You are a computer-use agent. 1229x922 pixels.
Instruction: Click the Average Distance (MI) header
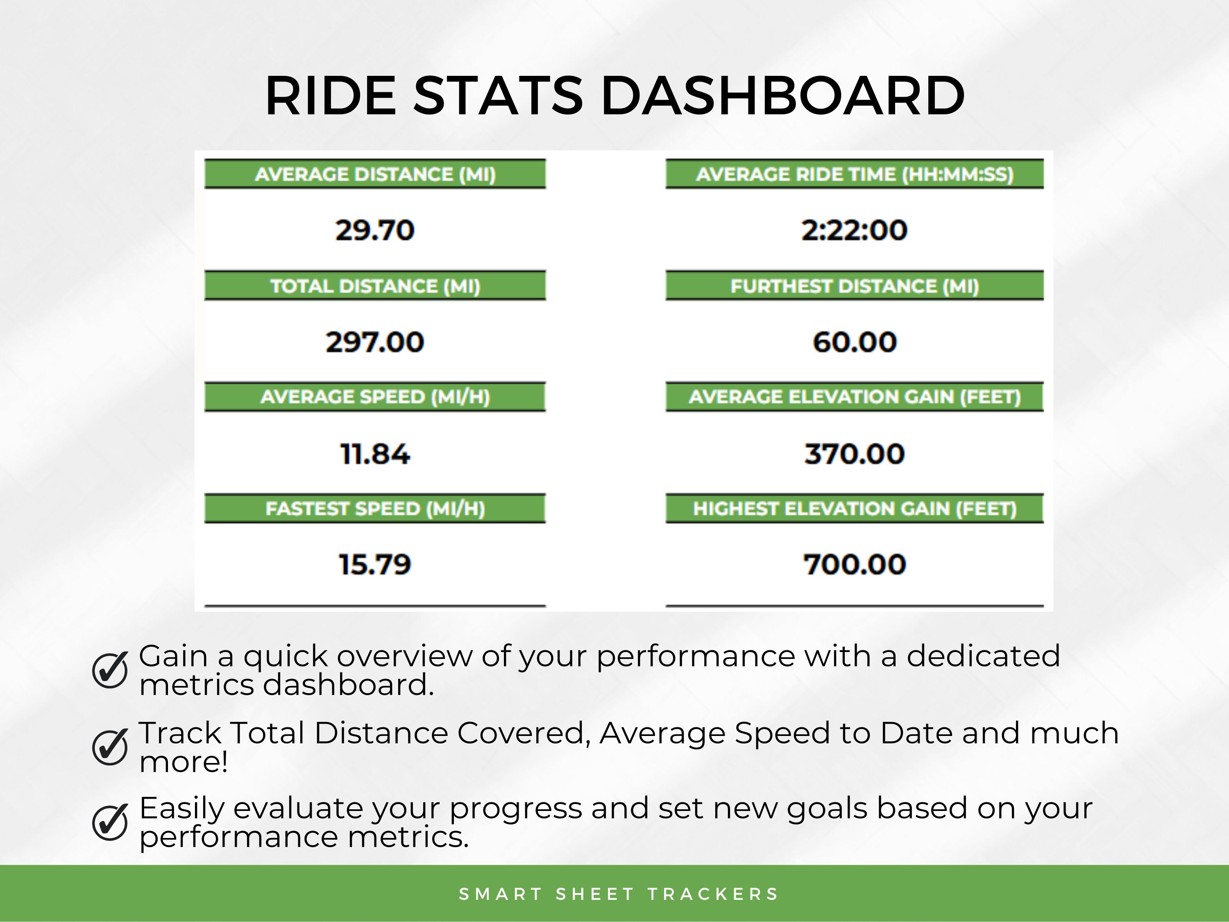click(375, 175)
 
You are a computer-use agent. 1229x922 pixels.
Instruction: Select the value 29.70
click(375, 230)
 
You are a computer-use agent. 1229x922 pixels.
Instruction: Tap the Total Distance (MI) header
click(375, 286)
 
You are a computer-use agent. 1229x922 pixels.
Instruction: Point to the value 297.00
click(375, 342)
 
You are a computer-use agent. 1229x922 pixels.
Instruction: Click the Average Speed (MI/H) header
click(375, 397)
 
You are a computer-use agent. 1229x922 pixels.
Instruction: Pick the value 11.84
click(375, 454)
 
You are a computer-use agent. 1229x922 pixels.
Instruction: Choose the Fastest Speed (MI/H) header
click(375, 509)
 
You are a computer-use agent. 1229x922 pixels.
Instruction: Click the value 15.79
click(375, 565)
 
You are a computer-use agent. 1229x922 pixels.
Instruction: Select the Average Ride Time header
click(855, 175)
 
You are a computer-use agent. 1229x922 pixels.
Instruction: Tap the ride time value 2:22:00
click(855, 230)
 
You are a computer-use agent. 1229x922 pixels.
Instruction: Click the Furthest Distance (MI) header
click(855, 286)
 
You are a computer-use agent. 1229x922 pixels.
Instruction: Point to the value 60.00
click(855, 342)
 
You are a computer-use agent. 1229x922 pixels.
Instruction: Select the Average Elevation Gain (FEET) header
click(855, 397)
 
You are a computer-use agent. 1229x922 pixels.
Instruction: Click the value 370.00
click(855, 454)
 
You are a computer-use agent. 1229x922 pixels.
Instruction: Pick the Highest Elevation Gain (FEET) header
click(855, 509)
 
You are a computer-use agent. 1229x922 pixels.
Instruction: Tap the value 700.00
click(855, 565)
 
